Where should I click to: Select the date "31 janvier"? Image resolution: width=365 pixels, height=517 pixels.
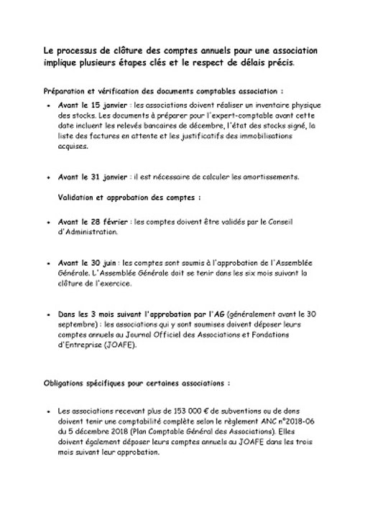(100, 177)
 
